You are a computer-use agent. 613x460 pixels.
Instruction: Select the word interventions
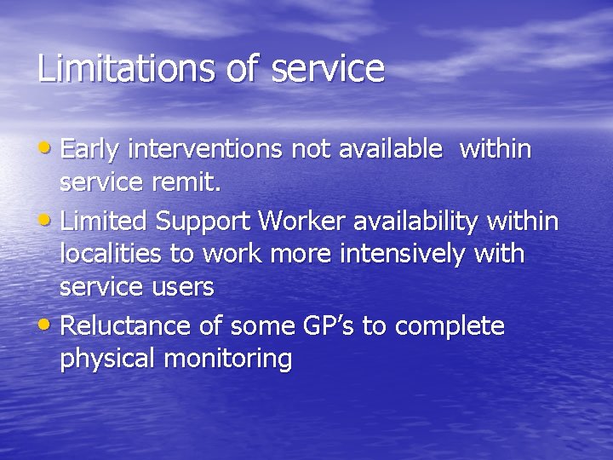pyautogui.click(x=205, y=150)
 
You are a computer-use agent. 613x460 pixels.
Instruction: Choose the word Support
pyautogui.click(x=203, y=222)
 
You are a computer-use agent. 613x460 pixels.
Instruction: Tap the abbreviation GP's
pyautogui.click(x=329, y=325)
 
